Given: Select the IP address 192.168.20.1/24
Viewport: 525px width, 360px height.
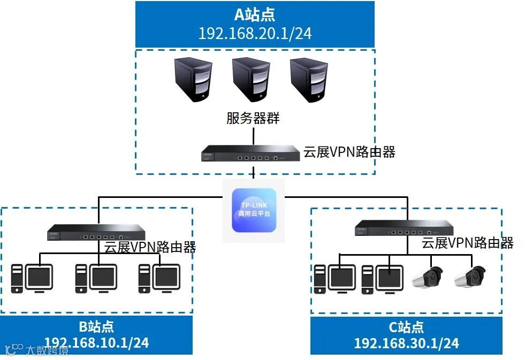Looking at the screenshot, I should pos(255,33).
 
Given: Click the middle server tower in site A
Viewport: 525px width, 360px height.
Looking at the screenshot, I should pos(250,80).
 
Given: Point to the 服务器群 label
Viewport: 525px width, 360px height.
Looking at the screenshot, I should pos(253,118).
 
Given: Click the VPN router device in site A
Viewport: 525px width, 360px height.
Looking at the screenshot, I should pos(250,152).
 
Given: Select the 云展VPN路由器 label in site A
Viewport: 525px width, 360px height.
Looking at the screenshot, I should pos(349,152).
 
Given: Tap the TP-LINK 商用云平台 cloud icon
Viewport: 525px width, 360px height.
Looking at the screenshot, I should pos(254,210).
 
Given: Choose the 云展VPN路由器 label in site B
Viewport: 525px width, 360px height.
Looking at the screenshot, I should pos(150,247).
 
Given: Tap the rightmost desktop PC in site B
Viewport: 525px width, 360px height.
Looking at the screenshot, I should pos(159,278).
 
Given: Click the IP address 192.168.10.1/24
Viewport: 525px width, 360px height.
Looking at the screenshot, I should pos(96,342).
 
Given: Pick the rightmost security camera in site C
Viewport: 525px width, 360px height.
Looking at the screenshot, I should pos(469,277).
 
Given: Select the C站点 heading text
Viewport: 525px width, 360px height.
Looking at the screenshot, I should pos(406,326).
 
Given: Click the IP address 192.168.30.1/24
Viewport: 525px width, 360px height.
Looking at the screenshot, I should pos(406,343).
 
